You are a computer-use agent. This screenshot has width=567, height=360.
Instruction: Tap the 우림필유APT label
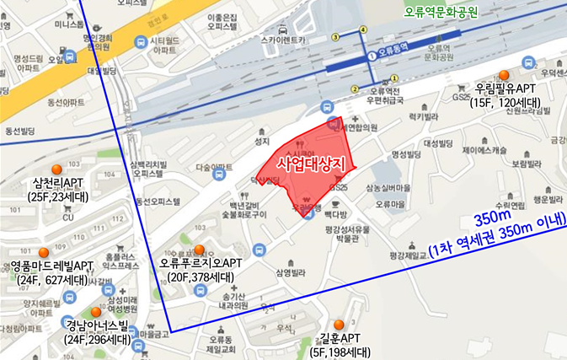[x=505, y=89]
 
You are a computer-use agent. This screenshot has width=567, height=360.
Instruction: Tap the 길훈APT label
[x=338, y=338]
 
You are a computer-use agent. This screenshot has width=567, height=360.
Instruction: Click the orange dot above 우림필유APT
[x=505, y=75]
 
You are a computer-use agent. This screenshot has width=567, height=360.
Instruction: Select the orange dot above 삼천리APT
[x=57, y=169]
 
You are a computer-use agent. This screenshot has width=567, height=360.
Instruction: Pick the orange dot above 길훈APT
[x=339, y=325]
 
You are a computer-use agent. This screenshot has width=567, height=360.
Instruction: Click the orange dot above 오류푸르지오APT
[x=199, y=250]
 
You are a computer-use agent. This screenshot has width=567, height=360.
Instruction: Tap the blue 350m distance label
[x=491, y=218]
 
